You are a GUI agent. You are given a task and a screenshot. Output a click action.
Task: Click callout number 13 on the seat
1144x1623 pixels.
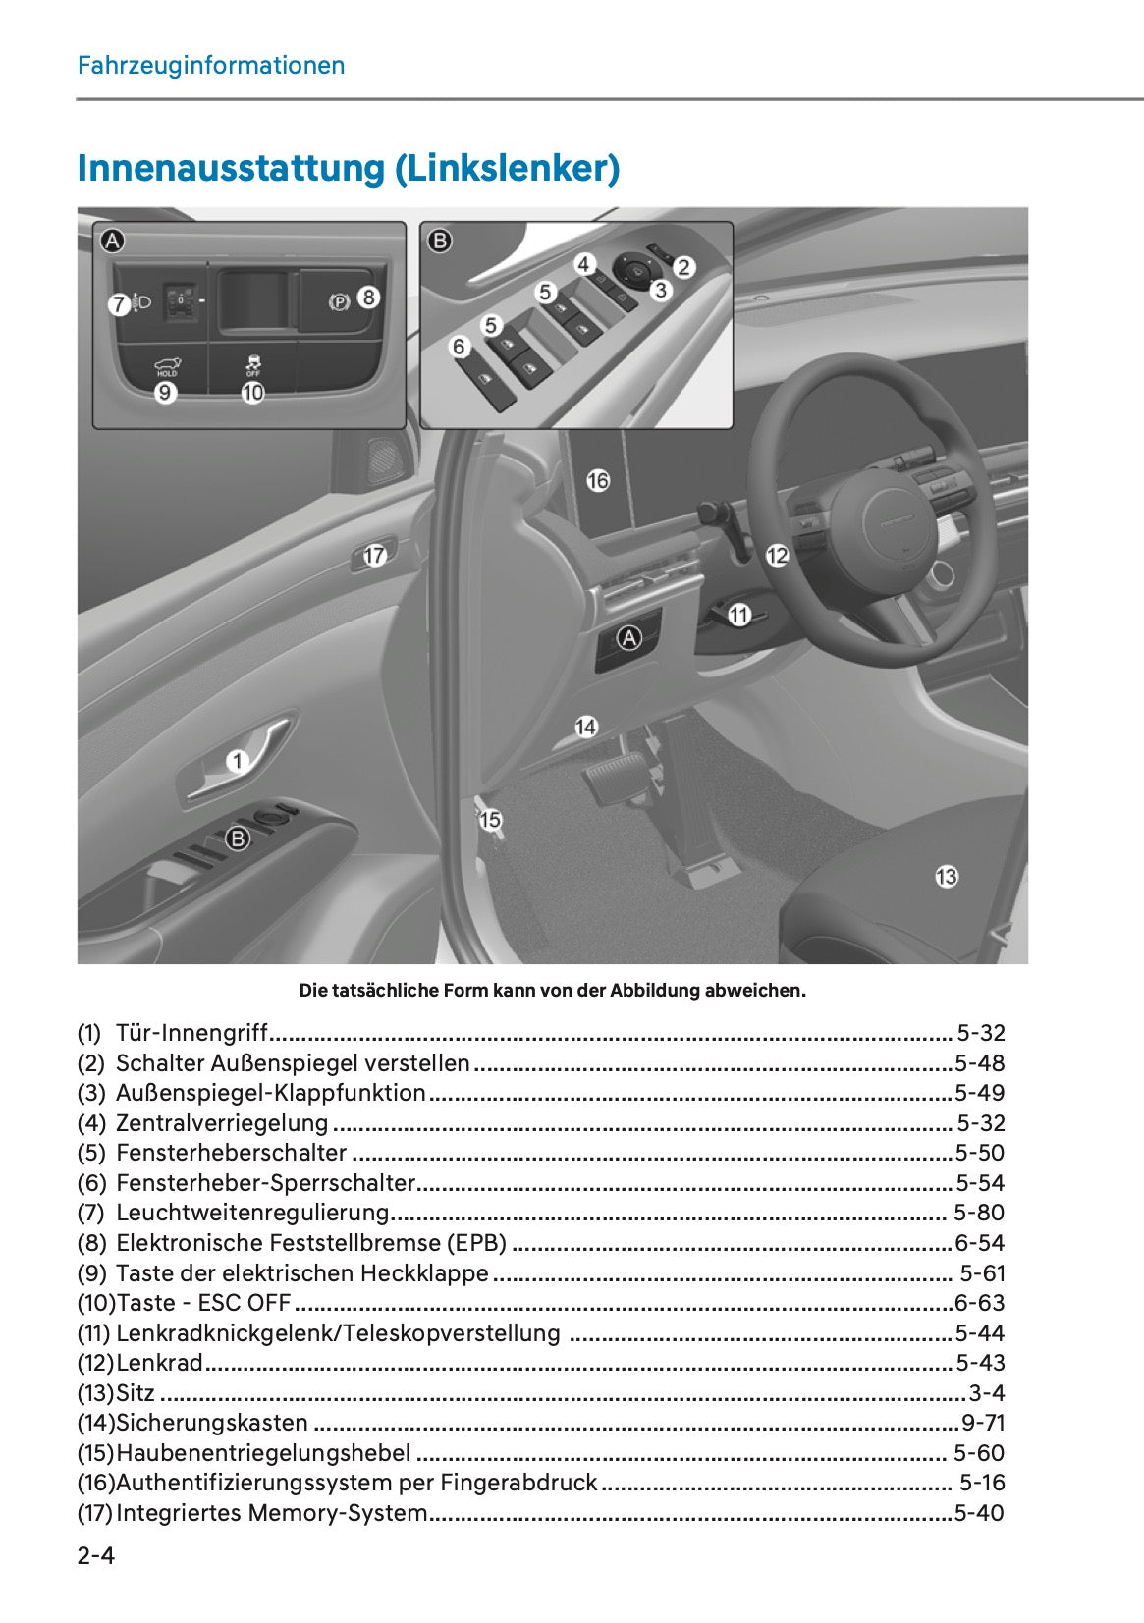(x=946, y=877)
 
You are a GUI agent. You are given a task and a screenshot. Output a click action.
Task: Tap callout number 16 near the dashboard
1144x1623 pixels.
(x=598, y=480)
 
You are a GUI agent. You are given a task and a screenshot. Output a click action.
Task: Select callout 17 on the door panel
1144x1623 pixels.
(x=375, y=556)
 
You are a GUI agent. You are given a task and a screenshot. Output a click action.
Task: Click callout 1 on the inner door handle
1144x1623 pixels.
(x=238, y=760)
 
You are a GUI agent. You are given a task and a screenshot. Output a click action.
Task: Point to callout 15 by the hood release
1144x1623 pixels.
(x=490, y=819)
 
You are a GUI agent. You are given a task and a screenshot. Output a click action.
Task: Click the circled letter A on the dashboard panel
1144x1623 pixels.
(x=628, y=638)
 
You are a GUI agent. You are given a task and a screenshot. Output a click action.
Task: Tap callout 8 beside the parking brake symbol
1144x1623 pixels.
(x=368, y=297)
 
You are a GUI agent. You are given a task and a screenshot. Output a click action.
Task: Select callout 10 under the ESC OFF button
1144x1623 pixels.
(x=253, y=393)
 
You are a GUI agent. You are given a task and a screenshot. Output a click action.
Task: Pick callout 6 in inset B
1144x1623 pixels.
(x=459, y=347)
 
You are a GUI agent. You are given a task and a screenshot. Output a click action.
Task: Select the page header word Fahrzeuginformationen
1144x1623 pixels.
(x=211, y=66)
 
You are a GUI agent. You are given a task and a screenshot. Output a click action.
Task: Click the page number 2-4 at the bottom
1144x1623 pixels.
(x=96, y=1555)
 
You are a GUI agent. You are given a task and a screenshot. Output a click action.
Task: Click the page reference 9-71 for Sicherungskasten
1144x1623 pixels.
(x=982, y=1423)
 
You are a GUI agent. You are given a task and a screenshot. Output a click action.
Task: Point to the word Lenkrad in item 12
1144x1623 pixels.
(x=159, y=1363)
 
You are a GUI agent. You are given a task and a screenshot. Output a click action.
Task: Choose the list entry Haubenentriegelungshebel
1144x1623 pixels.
(x=263, y=1453)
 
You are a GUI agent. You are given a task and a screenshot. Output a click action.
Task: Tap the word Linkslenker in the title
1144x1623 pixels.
(x=507, y=168)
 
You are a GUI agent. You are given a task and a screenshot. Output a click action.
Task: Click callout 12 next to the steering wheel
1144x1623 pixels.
(x=777, y=556)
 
